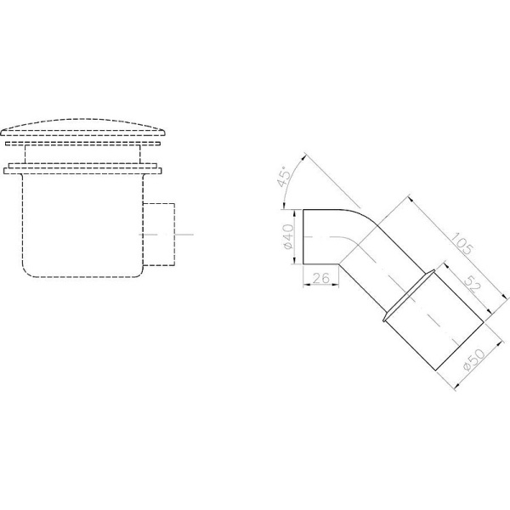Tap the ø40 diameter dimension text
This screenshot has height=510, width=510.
point(288,236)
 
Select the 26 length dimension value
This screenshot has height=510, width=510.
point(321,278)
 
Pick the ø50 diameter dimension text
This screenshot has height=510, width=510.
point(473,360)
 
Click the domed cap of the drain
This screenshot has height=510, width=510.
point(83,127)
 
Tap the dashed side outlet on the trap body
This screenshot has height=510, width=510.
point(159,235)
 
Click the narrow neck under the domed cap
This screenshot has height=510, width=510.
point(82,154)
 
